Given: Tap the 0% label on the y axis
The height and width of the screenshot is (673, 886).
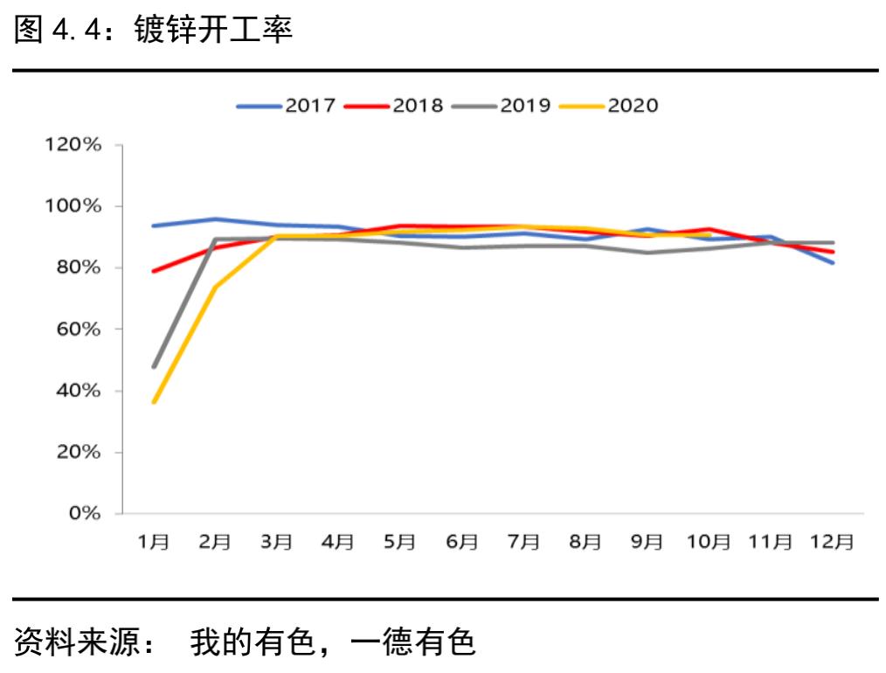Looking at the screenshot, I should pos(89,514).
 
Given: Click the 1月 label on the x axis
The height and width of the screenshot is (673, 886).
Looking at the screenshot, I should pos(154,542).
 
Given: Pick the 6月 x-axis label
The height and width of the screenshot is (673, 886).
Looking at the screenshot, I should pos(461,542).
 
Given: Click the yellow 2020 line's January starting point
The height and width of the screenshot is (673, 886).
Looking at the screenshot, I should pos(155,402).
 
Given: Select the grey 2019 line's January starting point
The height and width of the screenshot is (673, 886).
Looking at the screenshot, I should pos(155,366).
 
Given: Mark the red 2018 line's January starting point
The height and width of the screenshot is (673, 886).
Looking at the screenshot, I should pos(155,271).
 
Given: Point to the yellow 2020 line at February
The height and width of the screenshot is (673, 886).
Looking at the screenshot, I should pos(215,287).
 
